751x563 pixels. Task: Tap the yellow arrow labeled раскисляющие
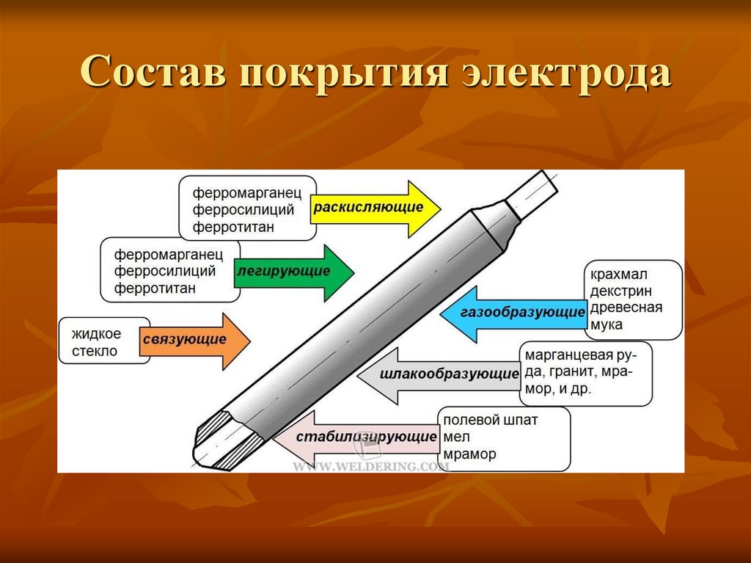[375, 208]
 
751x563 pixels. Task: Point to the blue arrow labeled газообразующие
[513, 313]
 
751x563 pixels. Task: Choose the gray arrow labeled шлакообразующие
[440, 374]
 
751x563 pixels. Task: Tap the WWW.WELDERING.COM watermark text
[370, 466]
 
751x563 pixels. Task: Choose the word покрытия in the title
[343, 74]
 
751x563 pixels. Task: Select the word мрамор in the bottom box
[469, 454]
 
